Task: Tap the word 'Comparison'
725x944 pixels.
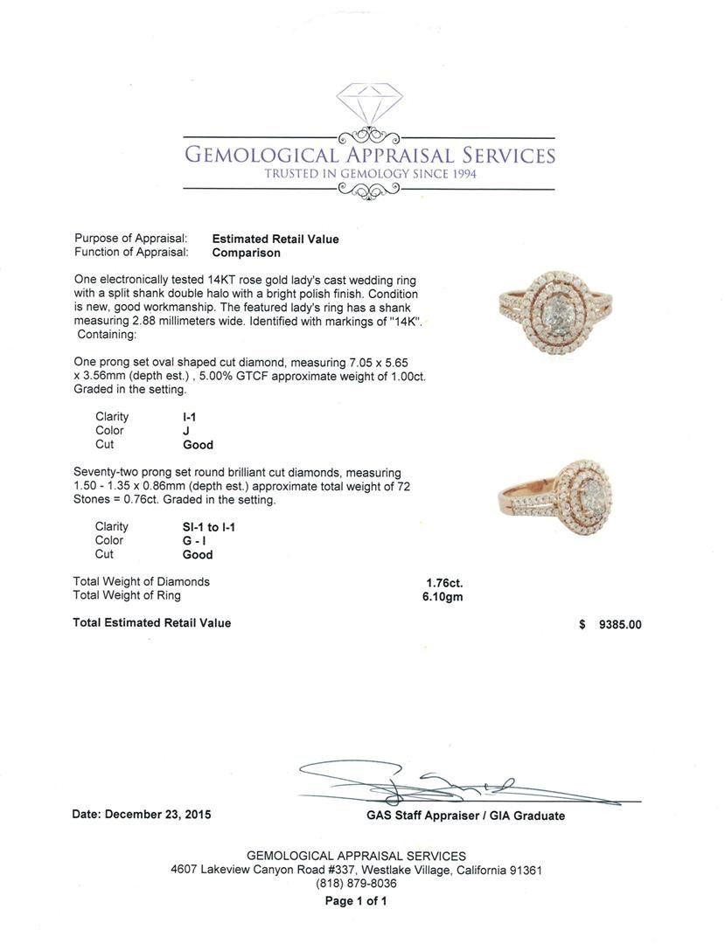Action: point(247,253)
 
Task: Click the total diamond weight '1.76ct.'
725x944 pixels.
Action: point(444,582)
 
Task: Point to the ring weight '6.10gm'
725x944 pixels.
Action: point(443,597)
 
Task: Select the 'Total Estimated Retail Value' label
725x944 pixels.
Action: point(152,623)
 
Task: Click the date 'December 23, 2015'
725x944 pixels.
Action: point(157,815)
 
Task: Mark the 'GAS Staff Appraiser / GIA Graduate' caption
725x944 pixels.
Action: point(465,816)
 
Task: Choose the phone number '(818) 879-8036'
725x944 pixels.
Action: point(356,884)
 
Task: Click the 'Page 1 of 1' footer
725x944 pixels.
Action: point(356,901)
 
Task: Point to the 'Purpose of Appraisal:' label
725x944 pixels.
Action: point(130,239)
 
